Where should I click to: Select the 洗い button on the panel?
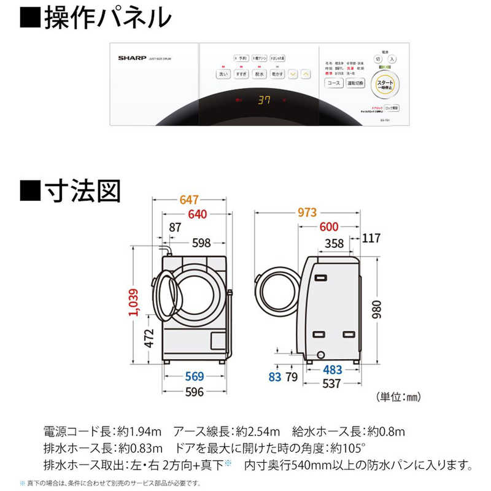click(223, 74)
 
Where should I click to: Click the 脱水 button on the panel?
click(259, 74)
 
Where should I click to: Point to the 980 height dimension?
click(382, 305)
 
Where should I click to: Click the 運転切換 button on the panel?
click(355, 82)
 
